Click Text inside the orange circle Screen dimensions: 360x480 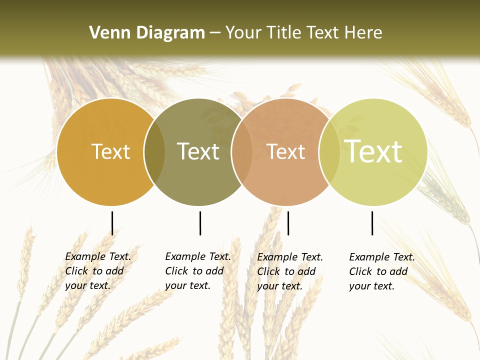110,151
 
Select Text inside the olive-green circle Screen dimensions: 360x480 198,151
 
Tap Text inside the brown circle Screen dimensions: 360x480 286,151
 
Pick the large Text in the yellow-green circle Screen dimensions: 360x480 373,151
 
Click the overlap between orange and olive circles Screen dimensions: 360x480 154,152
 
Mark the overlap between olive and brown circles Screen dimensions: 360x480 242,152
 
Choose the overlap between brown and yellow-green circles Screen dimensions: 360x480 329,152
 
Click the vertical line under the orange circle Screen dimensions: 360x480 112,223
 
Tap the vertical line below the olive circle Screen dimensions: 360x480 200,223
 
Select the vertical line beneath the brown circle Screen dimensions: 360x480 288,223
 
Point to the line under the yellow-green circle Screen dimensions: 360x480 372,223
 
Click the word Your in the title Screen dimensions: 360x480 244,33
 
